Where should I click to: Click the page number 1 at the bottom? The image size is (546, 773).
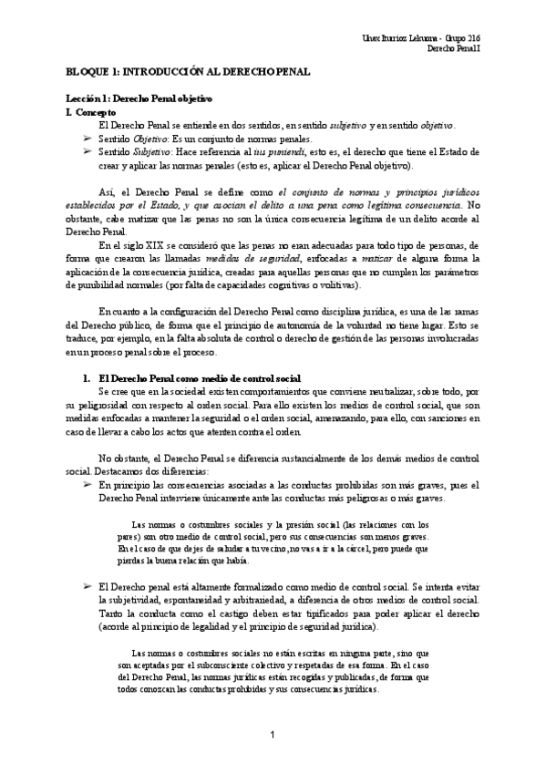273,735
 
